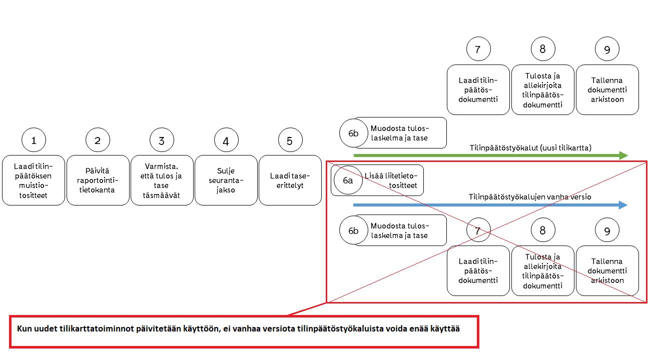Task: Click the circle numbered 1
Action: pos(34,140)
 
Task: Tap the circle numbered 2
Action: pos(98,140)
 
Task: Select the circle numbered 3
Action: pos(162,140)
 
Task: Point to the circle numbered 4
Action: pos(226,140)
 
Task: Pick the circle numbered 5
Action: pos(290,140)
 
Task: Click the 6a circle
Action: pos(348,180)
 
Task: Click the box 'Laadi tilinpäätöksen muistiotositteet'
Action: pos(34,180)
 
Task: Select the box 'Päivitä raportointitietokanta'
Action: pos(98,180)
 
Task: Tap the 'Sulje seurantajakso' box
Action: pos(226,180)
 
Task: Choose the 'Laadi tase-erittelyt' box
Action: pos(290,180)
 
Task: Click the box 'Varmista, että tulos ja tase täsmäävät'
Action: pos(162,180)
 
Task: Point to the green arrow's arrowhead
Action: pos(623,155)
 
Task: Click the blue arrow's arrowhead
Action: pos(623,205)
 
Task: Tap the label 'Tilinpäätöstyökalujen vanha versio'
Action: pos(529,197)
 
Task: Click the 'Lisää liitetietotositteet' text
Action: pos(394,180)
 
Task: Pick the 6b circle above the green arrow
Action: pos(353,133)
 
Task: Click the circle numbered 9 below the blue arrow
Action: pos(607,230)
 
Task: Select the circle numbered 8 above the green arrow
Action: pos(543,49)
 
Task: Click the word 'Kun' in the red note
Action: pos(24,329)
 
